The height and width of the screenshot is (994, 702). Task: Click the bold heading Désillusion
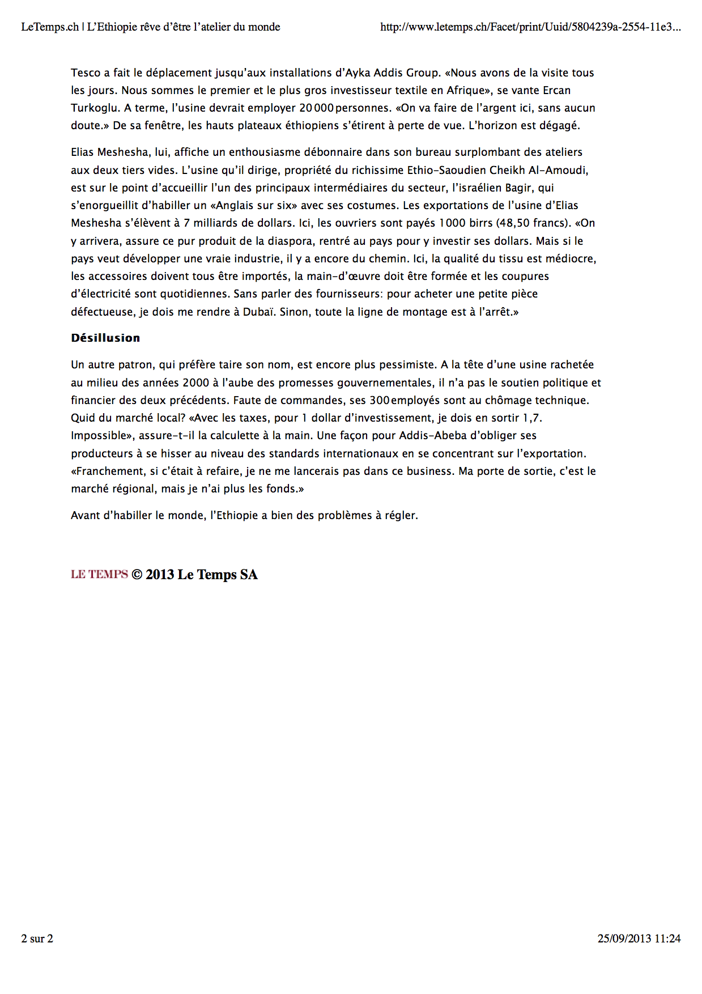click(x=105, y=338)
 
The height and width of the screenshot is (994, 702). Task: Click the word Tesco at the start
click(x=86, y=73)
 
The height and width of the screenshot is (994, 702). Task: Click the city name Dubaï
click(x=259, y=312)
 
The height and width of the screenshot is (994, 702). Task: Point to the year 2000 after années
click(x=196, y=383)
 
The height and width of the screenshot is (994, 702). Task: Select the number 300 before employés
click(x=379, y=400)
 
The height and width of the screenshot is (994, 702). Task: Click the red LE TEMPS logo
click(x=99, y=574)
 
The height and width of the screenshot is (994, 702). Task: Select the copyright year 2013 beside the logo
click(x=160, y=574)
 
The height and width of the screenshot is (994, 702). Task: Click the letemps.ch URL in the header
click(x=530, y=27)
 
